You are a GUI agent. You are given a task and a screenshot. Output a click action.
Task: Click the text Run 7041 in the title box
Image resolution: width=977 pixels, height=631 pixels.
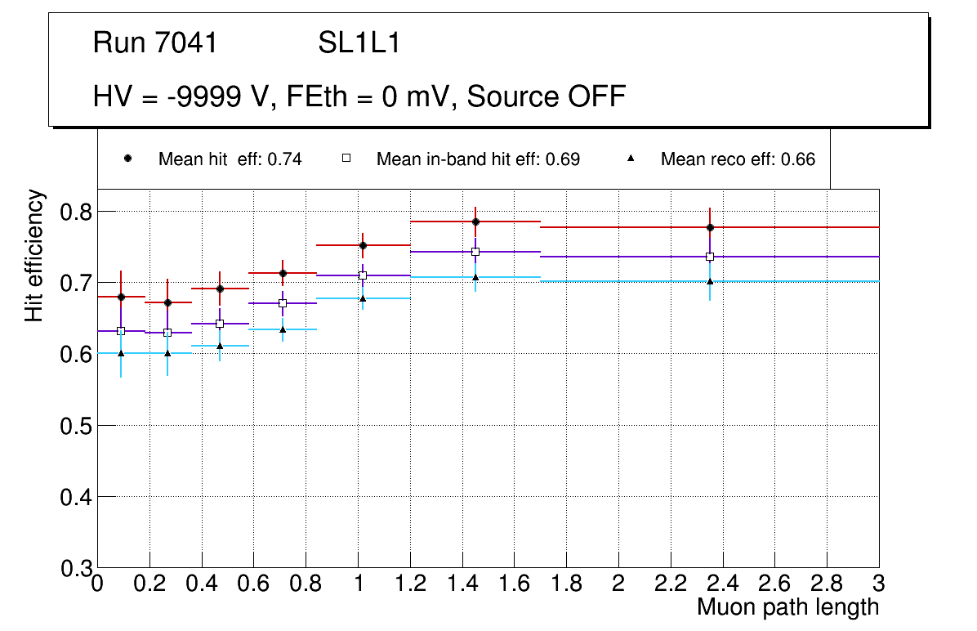(x=155, y=43)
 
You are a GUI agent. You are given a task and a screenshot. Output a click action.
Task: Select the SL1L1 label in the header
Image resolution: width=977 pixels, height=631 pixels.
(x=359, y=43)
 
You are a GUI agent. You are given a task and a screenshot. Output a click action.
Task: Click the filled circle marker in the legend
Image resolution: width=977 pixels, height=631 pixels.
(x=127, y=159)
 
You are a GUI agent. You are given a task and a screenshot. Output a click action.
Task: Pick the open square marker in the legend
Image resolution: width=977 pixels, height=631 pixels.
(x=346, y=159)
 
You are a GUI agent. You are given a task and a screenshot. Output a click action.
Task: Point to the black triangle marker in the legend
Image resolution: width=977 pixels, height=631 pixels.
(x=630, y=159)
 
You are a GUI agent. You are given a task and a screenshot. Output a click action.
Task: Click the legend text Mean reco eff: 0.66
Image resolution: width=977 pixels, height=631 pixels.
(x=738, y=159)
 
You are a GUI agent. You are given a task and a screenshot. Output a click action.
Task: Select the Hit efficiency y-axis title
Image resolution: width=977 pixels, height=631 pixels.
(x=34, y=255)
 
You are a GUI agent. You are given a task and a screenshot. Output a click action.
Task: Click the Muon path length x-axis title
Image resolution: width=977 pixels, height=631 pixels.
(x=787, y=607)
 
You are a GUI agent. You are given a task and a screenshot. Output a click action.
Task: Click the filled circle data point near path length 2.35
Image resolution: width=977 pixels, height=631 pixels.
(x=710, y=227)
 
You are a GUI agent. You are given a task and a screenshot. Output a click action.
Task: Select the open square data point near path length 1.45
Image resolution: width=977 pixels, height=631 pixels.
(x=475, y=252)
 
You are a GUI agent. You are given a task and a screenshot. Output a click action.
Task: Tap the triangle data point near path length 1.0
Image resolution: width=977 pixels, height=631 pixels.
(x=363, y=298)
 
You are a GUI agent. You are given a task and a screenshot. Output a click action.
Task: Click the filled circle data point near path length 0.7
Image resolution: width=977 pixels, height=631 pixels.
(x=283, y=273)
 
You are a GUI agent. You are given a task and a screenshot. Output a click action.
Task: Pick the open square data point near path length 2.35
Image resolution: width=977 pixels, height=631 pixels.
(x=710, y=257)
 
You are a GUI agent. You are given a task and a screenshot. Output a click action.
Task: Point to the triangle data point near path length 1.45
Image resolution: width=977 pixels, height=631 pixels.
(x=475, y=277)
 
